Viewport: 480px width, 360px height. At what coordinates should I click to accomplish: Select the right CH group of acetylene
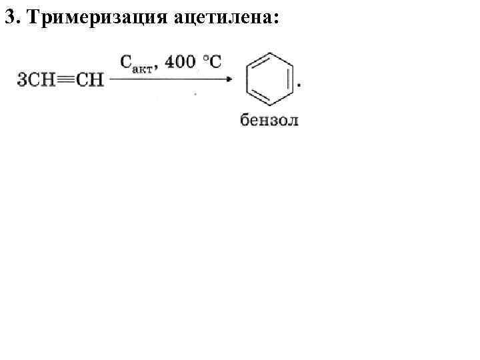coord(90,80)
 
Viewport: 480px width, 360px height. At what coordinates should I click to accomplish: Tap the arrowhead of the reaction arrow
coord(228,79)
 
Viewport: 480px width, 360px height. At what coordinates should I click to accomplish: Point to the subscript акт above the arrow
coord(144,67)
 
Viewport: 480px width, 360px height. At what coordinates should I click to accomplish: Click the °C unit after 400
coord(211,62)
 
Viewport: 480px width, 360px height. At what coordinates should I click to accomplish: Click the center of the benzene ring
coord(269,79)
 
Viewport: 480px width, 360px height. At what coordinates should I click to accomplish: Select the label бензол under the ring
coord(269,120)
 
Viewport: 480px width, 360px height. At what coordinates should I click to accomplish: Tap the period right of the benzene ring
coord(299,85)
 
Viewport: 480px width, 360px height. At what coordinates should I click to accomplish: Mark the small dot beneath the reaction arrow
coord(195,95)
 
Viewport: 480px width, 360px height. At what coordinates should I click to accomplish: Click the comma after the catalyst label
coord(157,67)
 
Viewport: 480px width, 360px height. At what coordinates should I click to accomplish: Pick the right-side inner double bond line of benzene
coord(287,79)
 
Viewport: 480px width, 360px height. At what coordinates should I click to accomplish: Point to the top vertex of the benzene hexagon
coord(269,53)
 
